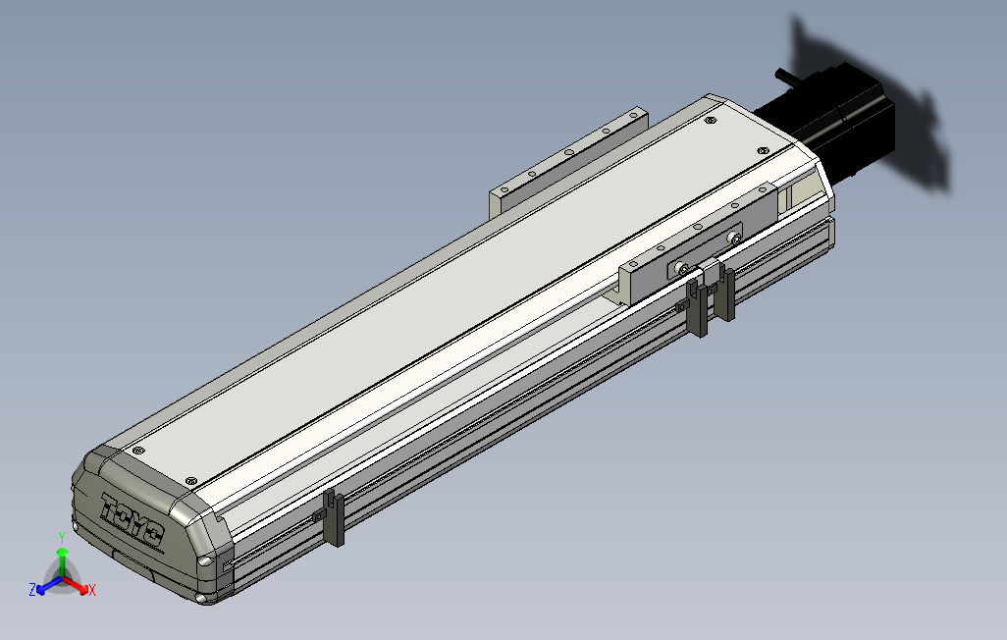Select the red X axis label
click(x=92, y=590)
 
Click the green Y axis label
click(x=61, y=537)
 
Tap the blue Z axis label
click(x=32, y=589)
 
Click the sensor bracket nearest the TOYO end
click(x=335, y=517)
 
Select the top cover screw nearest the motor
click(x=764, y=149)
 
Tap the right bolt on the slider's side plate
click(x=735, y=239)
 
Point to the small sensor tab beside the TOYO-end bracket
click(x=318, y=515)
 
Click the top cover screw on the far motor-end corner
click(x=711, y=121)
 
